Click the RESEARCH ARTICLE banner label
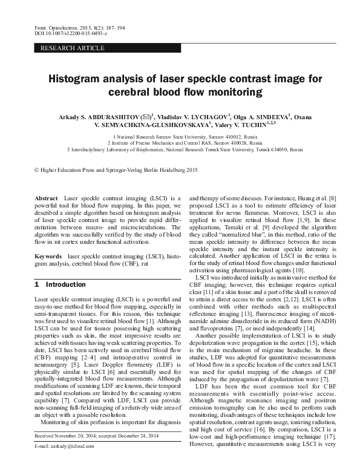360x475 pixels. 65,47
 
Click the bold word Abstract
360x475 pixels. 46,198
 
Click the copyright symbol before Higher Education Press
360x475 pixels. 38,171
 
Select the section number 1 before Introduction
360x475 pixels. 37,284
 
